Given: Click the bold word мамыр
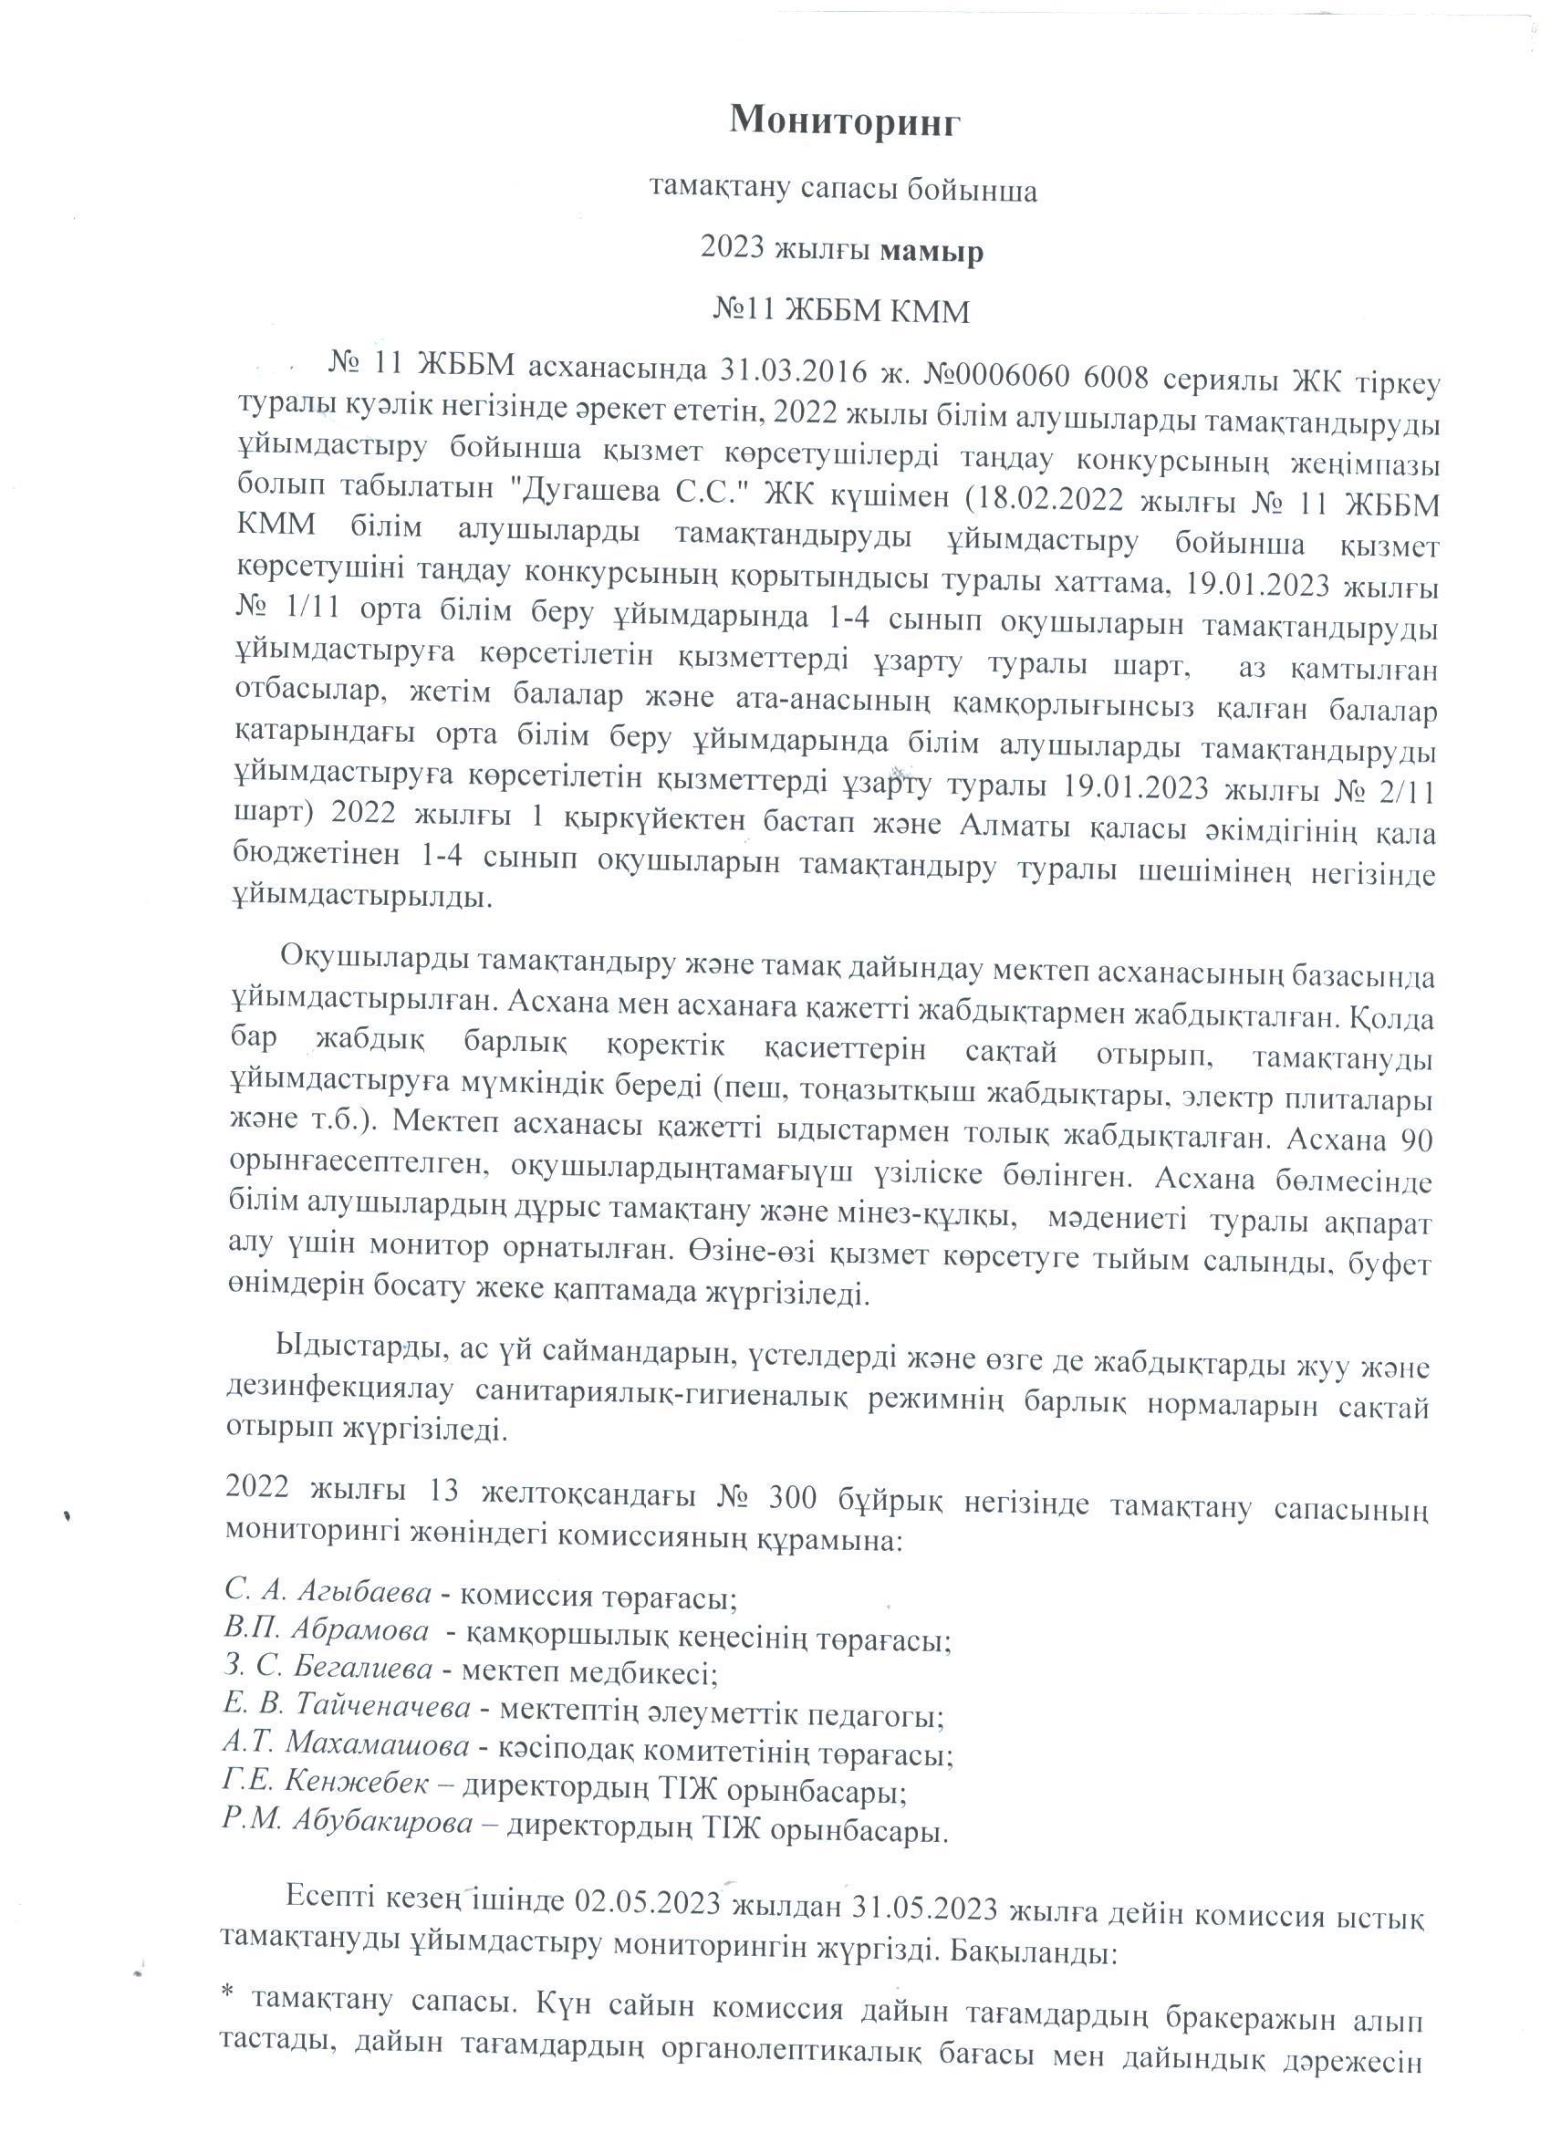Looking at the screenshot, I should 932,252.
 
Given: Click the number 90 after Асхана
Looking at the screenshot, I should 1412,1140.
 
